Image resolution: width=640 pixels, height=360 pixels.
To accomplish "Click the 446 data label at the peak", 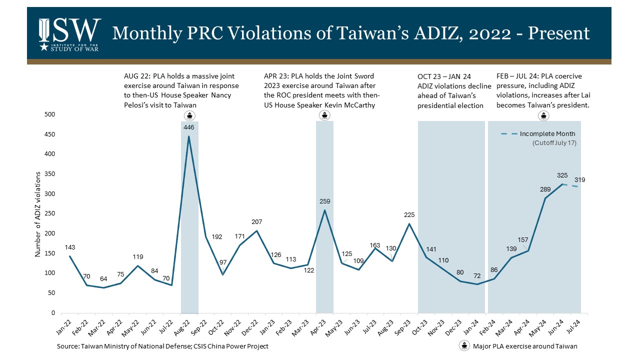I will tap(189, 127).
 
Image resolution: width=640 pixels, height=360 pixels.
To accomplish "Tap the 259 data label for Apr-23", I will tap(324, 201).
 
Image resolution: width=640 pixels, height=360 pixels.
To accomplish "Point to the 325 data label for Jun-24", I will tap(562, 175).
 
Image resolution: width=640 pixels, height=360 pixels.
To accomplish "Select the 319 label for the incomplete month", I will tap(579, 180).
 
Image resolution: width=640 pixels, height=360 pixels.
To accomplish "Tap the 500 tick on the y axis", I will tap(50, 115).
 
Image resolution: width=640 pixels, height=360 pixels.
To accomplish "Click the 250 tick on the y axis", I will tap(50, 214).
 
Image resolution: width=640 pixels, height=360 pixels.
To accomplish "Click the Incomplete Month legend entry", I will tap(547, 134).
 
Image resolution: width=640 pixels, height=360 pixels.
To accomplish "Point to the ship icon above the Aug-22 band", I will tap(189, 116).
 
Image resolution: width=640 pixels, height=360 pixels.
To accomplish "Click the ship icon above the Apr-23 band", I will tap(324, 116).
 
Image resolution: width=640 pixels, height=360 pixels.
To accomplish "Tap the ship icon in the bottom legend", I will tap(464, 346).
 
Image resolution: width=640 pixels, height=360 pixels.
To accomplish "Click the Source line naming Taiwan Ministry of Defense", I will tap(162, 346).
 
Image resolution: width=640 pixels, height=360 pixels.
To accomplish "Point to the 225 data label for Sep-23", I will tap(409, 214).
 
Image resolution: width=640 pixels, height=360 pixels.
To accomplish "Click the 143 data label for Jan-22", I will tap(69, 247).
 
